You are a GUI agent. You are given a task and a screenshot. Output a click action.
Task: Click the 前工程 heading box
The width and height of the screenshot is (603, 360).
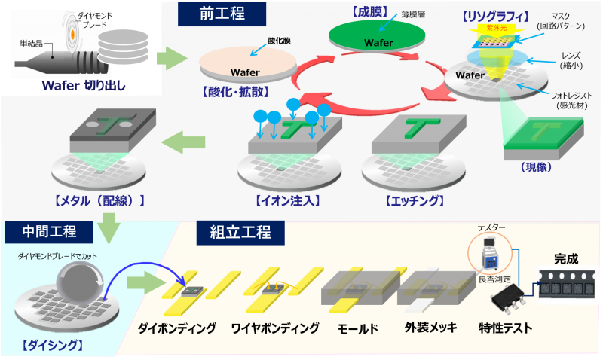coord(222,13)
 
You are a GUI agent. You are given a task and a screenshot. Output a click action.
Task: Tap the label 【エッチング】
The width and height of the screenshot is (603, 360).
coord(414,201)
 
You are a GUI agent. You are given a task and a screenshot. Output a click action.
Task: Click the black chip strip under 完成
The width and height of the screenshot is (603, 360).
coord(565,286)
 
